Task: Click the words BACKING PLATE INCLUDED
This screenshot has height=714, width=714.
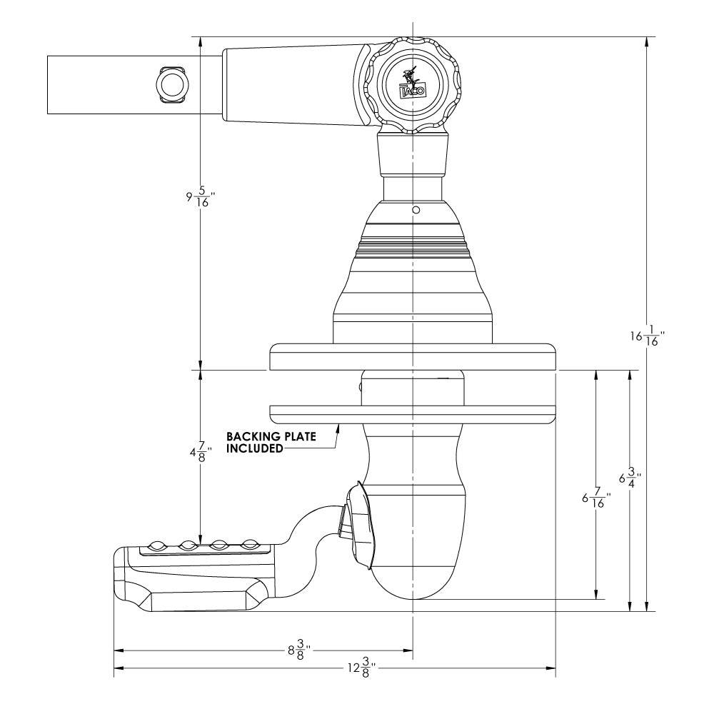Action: click(271, 442)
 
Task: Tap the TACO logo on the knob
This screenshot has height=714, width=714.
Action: click(411, 83)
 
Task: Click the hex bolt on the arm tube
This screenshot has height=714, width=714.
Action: click(171, 85)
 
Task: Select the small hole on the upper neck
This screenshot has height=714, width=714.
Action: click(414, 211)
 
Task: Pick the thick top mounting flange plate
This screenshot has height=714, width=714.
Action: click(413, 356)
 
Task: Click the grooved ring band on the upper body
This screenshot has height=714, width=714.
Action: click(413, 246)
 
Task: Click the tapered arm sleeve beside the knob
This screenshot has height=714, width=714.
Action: click(293, 85)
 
